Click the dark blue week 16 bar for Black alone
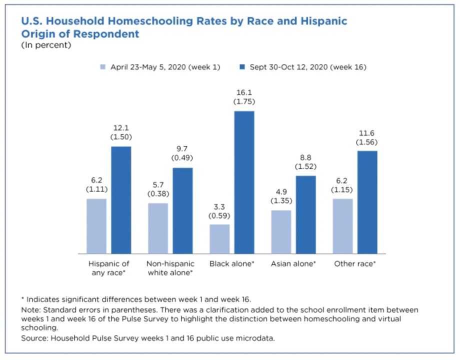[244, 182]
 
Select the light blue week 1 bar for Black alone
[219, 239]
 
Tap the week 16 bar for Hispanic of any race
[121, 200]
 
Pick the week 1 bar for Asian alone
[281, 232]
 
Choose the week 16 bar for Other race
[367, 202]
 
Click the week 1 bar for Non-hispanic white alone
[158, 228]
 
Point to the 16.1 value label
[244, 92]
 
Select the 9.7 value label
[182, 149]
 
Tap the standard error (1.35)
[281, 201]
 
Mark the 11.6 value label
[367, 132]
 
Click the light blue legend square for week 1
[103, 66]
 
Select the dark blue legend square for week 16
[242, 66]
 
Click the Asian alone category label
[293, 263]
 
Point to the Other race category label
[355, 263]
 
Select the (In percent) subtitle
[46, 45]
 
